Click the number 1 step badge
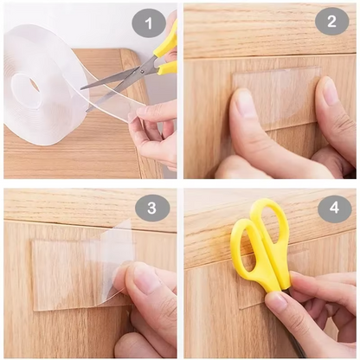pos(148,22)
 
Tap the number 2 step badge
pos(331,20)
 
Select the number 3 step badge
pos(152,208)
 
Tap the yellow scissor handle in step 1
pos(165,48)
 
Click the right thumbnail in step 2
pos(330,91)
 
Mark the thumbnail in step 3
pos(145,279)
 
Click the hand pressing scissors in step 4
pos(316,312)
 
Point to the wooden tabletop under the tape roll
pos(52,156)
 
